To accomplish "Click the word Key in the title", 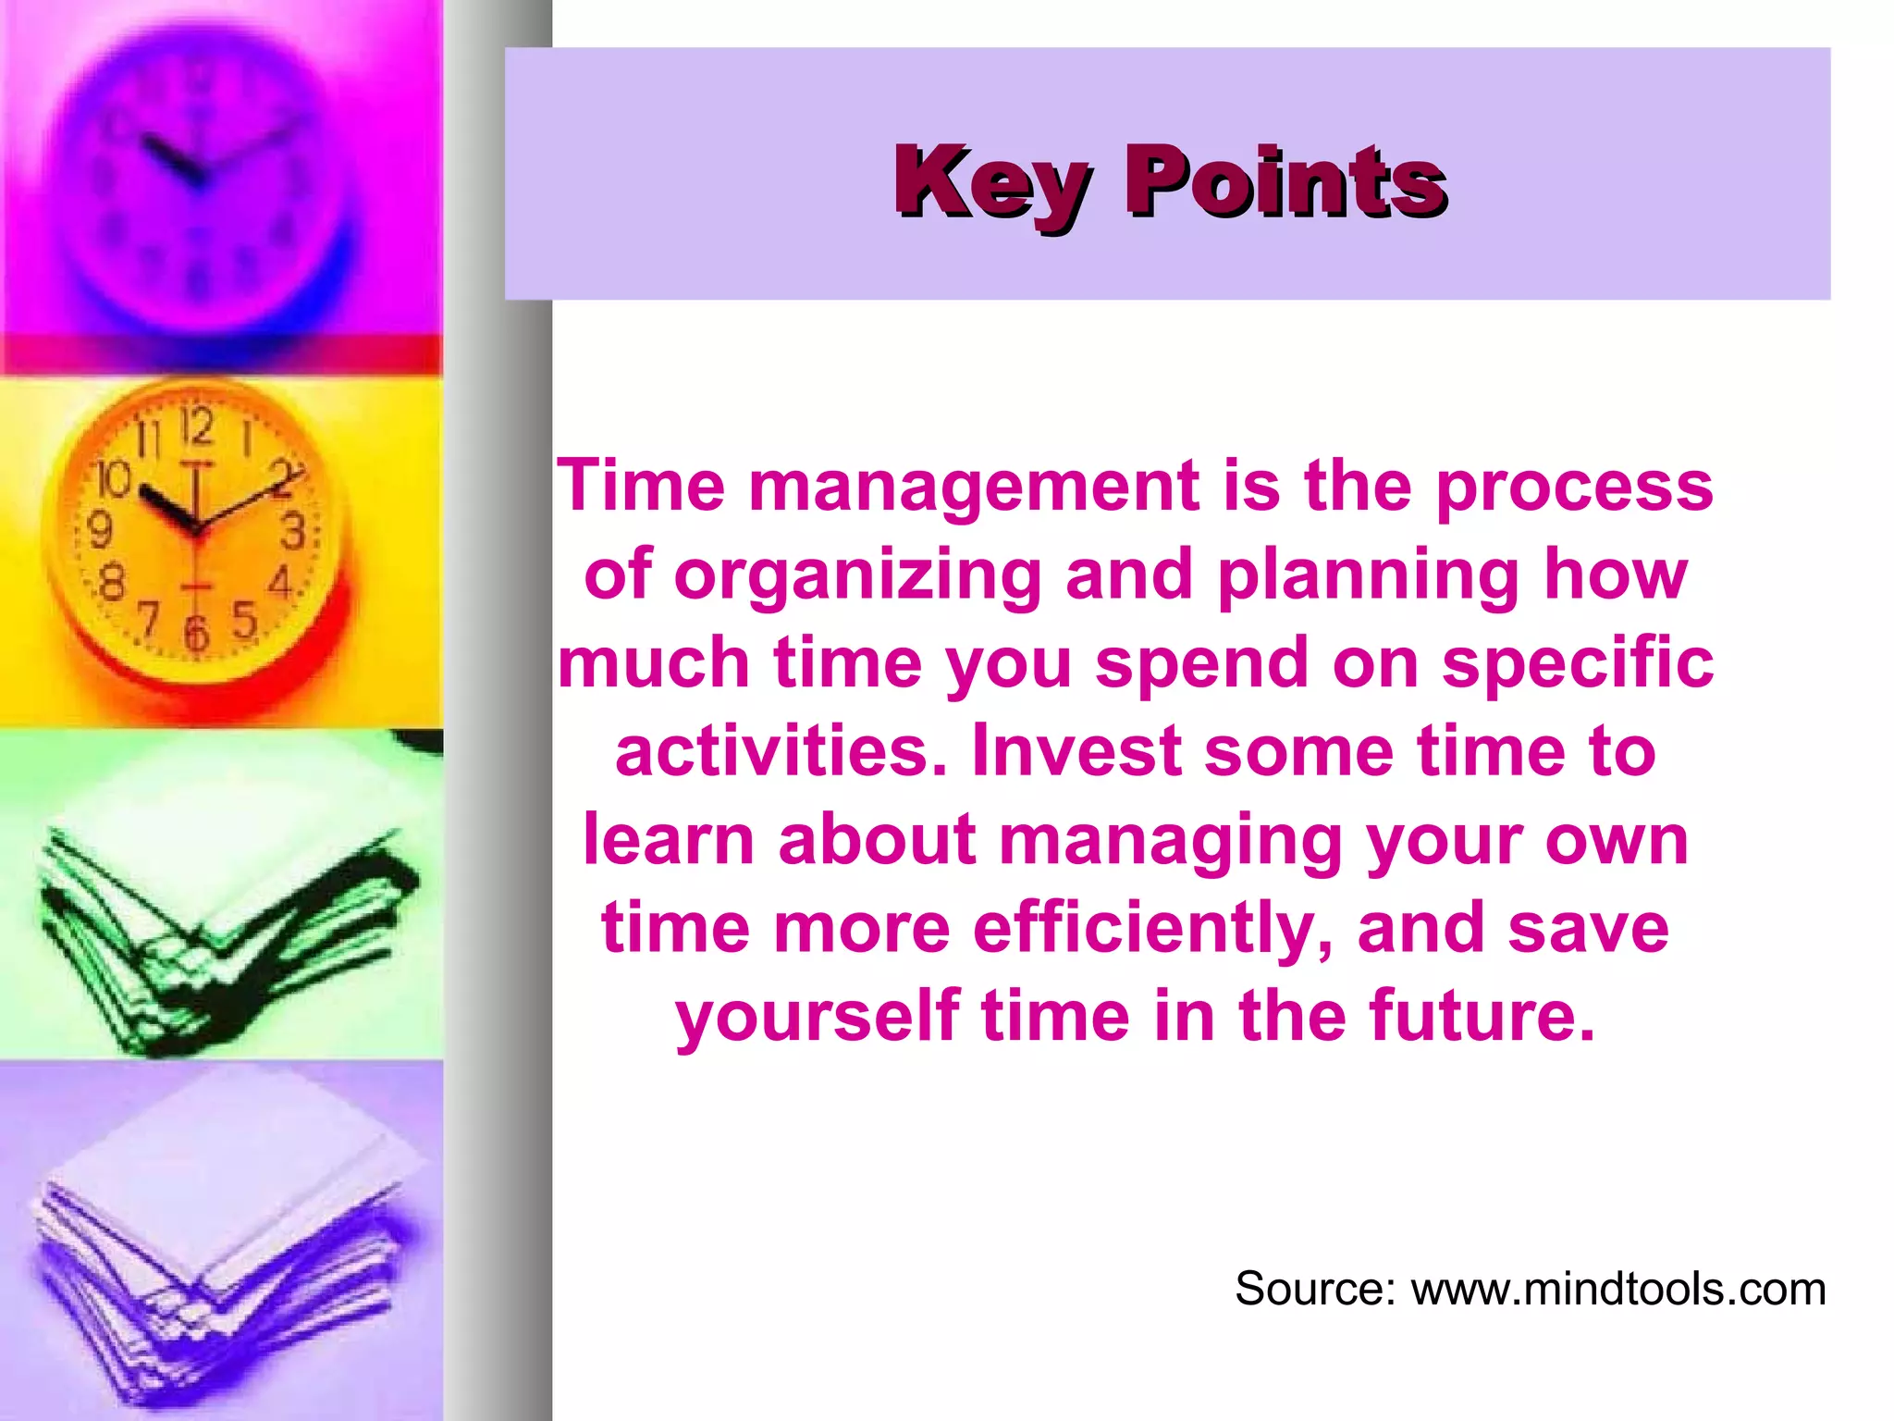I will tap(993, 183).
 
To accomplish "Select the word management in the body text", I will tap(974, 487).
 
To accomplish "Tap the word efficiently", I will tap(1152, 928).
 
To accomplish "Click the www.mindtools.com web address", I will tap(1617, 1289).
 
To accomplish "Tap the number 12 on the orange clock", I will tap(197, 427).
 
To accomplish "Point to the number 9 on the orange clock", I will tap(99, 531).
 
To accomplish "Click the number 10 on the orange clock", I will tap(115, 479).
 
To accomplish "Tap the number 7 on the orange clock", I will tap(148, 618).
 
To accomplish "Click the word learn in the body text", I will tap(670, 840).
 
